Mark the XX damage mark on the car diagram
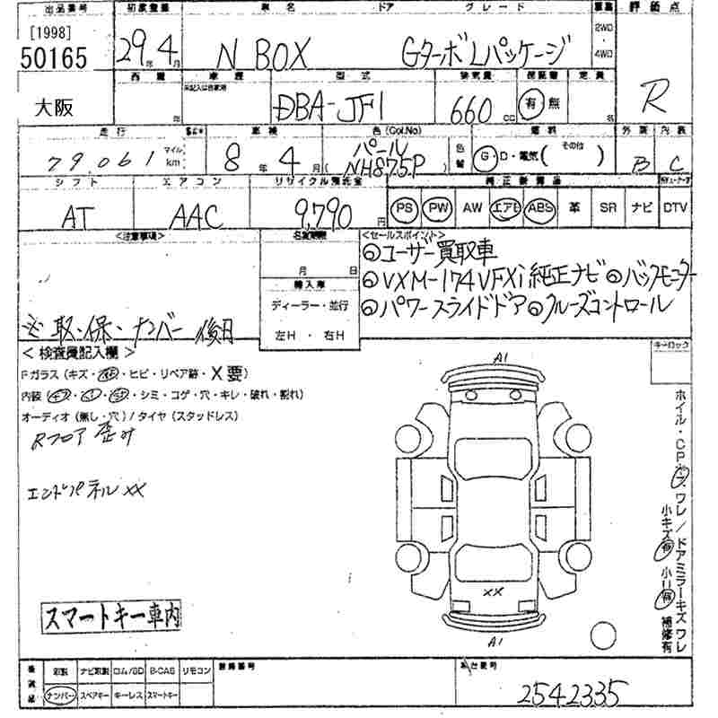tap(491, 592)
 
